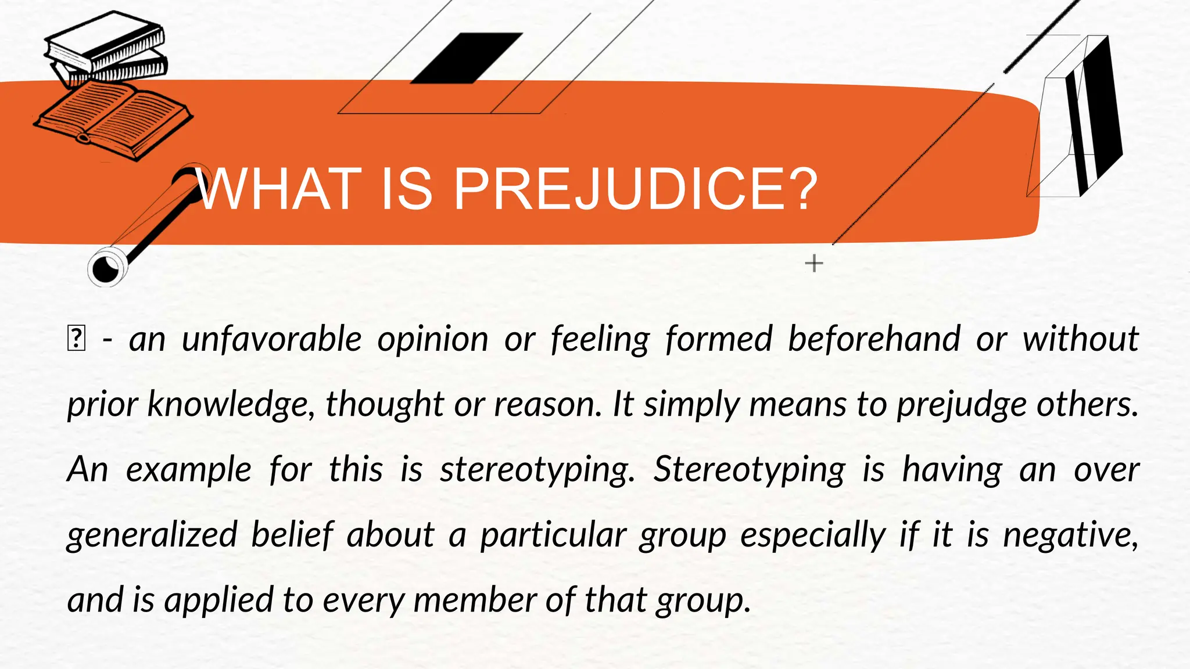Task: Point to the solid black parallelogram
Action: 467,58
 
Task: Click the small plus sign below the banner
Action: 814,263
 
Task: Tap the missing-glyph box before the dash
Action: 76,339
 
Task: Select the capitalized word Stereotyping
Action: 749,470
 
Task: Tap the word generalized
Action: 152,535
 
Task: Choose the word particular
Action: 553,535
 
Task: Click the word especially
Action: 813,535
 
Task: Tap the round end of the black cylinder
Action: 106,268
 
